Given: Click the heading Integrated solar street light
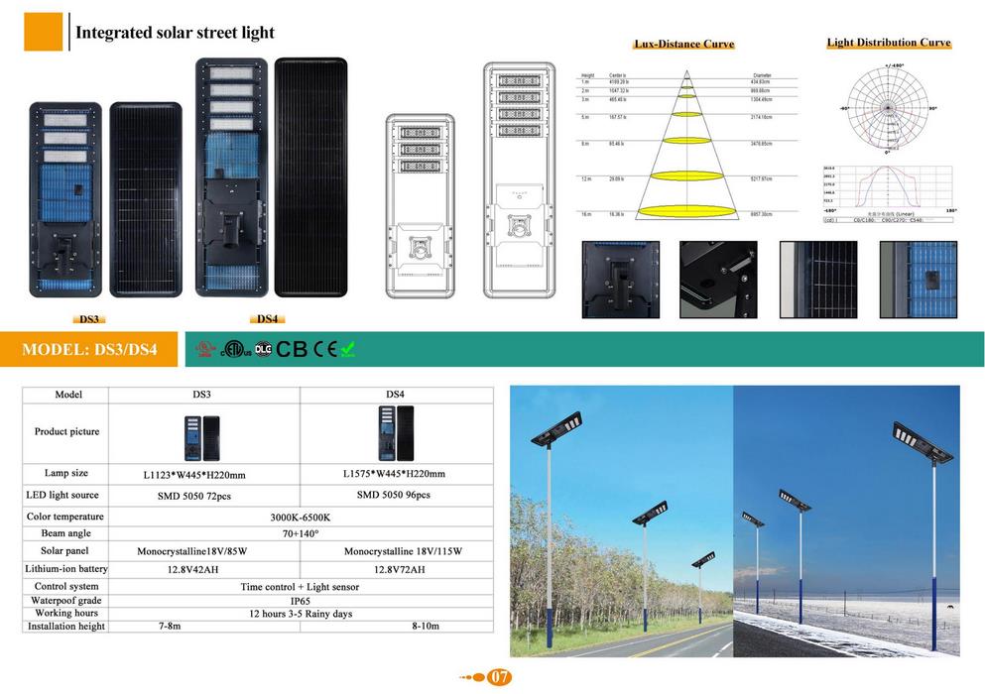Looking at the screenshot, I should click(x=175, y=33).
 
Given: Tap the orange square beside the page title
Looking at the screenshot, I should click(x=43, y=32).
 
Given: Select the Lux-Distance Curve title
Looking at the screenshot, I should click(x=683, y=45).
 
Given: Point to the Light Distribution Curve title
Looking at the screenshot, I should click(x=889, y=43).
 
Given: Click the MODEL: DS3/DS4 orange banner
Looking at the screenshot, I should click(x=89, y=350).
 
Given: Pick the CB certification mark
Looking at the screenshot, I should click(x=292, y=349).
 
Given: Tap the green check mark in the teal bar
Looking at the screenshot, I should click(x=348, y=349).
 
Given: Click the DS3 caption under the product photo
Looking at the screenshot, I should click(x=90, y=319).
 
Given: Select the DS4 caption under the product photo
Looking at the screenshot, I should click(x=267, y=319).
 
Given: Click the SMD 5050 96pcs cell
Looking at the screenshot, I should click(x=394, y=495).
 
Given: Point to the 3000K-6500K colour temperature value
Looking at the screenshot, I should click(x=300, y=517).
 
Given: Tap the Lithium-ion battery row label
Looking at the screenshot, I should click(x=66, y=569).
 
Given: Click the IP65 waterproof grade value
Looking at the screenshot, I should click(x=300, y=601).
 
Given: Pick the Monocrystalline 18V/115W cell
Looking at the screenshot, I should click(x=403, y=551).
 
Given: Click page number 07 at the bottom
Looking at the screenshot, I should click(x=500, y=678).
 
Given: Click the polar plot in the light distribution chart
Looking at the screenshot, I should click(x=889, y=107).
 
